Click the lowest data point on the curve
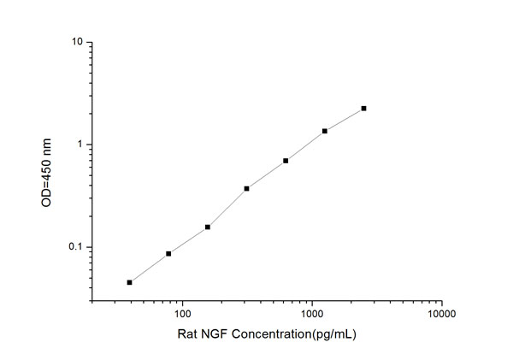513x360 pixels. point(129,282)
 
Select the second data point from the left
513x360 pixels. point(168,254)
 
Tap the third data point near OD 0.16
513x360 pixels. point(208,227)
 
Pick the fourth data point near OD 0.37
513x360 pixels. point(246,188)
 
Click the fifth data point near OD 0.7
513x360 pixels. point(286,161)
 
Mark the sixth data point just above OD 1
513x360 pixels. point(325,131)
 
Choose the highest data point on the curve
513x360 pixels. point(363,109)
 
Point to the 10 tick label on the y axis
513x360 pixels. point(77,42)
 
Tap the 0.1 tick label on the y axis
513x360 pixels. point(75,247)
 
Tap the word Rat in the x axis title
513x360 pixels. point(186,334)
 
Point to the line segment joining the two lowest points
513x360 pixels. point(149,268)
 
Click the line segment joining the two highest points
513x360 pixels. point(345,120)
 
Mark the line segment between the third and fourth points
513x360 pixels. point(227,207)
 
